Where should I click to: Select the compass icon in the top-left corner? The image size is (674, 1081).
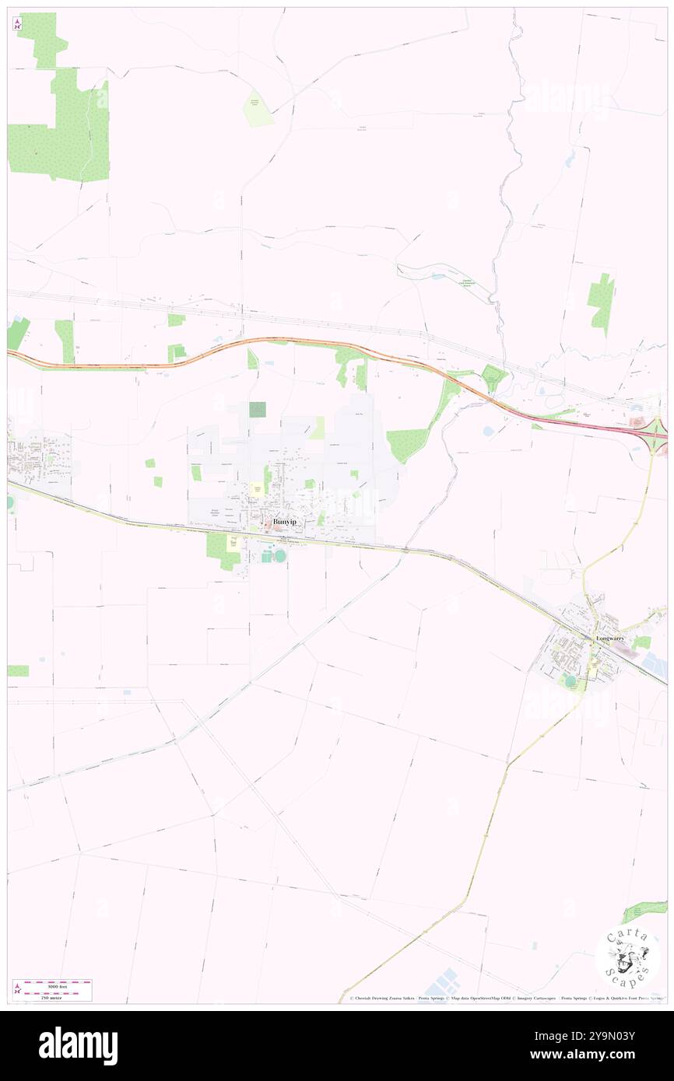(x=17, y=25)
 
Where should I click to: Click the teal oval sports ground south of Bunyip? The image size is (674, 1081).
(x=279, y=555)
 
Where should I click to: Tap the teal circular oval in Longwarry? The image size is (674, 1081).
(x=570, y=681)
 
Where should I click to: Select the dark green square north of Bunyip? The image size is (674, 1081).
(x=257, y=409)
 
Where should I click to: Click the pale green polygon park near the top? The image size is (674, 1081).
(x=258, y=110)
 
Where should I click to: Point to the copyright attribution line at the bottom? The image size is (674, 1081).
(x=506, y=999)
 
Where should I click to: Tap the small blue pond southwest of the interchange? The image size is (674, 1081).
(x=488, y=430)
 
